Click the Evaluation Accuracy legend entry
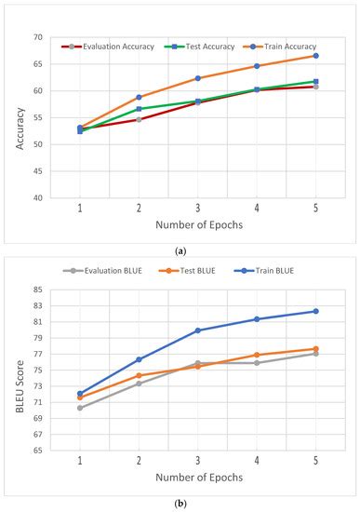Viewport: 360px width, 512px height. [104, 46]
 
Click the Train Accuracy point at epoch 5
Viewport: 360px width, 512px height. [315, 56]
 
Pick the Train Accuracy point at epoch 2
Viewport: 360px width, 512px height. [139, 97]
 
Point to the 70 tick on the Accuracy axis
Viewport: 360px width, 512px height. [37, 37]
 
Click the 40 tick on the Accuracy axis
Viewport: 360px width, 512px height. [37, 197]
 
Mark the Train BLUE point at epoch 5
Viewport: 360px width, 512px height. [315, 311]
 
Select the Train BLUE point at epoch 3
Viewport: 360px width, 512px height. [197, 330]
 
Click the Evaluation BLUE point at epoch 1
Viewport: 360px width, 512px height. [80, 408]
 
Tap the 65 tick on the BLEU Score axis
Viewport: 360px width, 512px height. [37, 451]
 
